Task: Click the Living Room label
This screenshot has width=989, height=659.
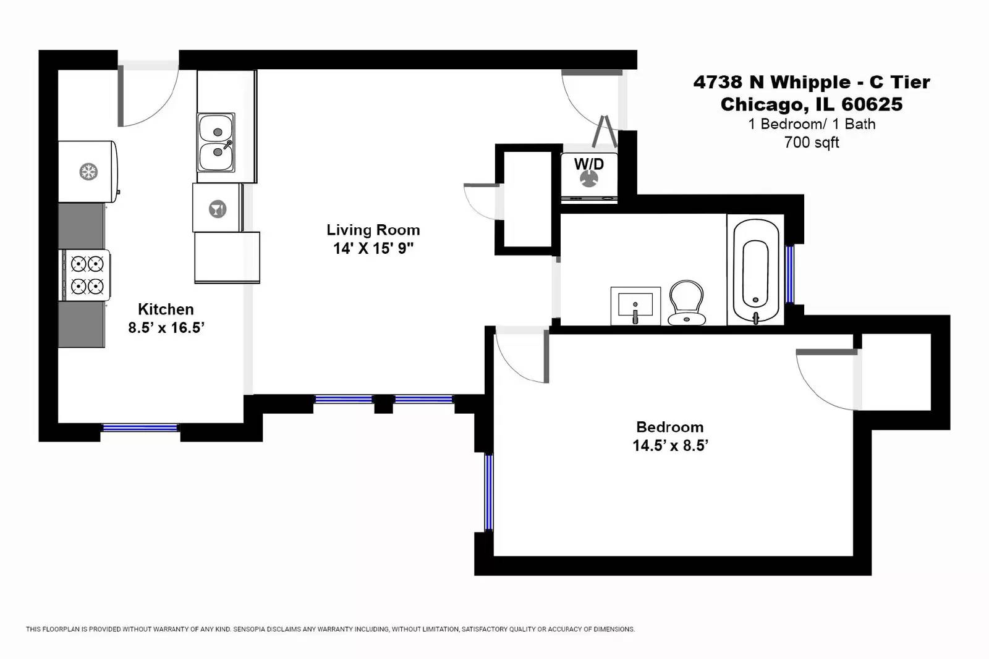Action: (373, 230)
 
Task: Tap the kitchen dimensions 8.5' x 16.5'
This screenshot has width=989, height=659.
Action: (166, 328)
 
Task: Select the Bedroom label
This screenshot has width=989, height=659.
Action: (669, 427)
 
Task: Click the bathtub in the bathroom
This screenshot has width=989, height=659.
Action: (755, 271)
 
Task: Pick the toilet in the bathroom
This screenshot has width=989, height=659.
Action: (686, 303)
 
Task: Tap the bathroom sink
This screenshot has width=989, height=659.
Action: (635, 306)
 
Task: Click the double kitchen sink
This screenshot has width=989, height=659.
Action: (216, 142)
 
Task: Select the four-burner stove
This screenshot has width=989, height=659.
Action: (85, 275)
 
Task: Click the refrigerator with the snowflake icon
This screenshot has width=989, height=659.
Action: (88, 171)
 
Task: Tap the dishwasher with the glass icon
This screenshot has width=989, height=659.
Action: (218, 208)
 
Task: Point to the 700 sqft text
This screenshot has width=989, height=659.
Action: (811, 142)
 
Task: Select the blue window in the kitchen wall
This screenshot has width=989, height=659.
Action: (140, 427)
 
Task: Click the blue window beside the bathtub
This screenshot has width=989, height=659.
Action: (789, 275)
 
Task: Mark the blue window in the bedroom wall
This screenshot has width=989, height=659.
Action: (488, 492)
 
